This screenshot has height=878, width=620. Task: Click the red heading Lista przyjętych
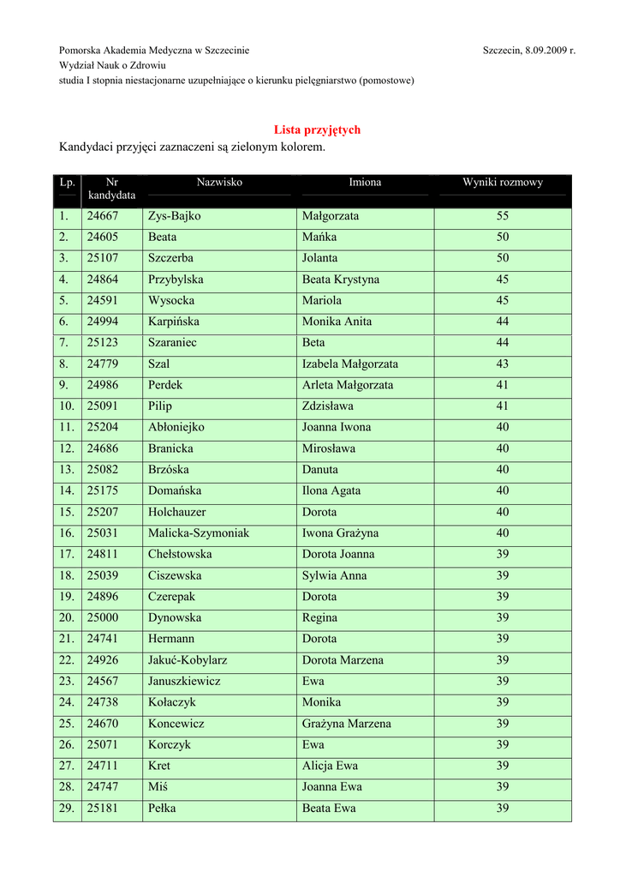(317, 130)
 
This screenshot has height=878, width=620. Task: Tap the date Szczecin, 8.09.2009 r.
(528, 51)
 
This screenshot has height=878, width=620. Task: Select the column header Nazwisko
(219, 183)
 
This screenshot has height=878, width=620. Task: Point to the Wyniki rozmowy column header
(503, 183)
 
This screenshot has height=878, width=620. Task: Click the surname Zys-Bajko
(174, 216)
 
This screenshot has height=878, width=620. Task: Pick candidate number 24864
(103, 280)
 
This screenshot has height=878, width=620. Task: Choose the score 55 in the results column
(503, 216)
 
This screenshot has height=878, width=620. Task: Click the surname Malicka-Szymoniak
(199, 533)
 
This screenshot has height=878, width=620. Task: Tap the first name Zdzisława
(328, 406)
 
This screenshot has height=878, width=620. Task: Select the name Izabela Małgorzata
(350, 364)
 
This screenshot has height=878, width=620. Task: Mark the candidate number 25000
(103, 618)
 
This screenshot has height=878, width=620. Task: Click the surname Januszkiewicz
(184, 682)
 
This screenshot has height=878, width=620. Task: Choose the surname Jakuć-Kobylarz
(188, 660)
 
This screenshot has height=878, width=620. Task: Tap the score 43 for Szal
(503, 364)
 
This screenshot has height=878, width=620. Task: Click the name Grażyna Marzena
(347, 724)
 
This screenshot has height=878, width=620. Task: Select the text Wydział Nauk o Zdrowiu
(112, 65)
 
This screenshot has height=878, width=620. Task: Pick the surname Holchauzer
(177, 512)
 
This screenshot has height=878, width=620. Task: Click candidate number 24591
(103, 301)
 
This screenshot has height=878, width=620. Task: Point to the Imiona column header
(365, 183)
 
